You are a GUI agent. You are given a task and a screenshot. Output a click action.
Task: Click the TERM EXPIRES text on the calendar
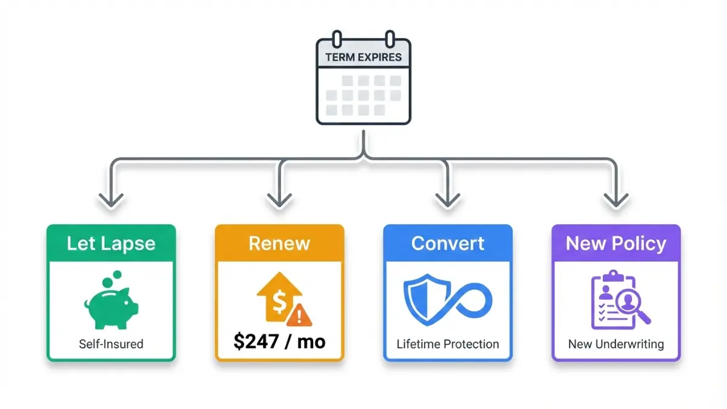[363, 58]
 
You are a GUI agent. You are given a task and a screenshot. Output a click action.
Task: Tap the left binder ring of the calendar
[337, 39]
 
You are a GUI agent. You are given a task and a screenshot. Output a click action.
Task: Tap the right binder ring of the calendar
[390, 39]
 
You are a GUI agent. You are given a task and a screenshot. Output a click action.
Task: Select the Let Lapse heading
[111, 244]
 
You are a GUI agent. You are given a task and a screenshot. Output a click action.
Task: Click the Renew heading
[279, 244]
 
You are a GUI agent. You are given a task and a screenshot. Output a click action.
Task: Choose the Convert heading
[448, 244]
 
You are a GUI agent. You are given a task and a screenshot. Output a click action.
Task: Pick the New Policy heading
[616, 244]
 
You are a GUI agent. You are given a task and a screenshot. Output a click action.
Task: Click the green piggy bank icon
[111, 300]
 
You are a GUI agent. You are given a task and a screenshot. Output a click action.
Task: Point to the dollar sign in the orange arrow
[279, 302]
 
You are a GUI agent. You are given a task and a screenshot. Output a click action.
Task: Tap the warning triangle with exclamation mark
[299, 315]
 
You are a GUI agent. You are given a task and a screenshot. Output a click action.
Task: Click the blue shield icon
[427, 299]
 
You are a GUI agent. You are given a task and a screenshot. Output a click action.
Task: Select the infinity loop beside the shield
[467, 301]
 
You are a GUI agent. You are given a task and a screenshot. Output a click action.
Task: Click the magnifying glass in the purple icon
[633, 306]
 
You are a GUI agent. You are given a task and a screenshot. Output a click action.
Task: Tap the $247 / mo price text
[279, 342]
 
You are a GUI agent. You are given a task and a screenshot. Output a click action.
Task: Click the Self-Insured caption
[111, 344]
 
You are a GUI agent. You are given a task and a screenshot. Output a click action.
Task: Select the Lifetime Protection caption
[448, 344]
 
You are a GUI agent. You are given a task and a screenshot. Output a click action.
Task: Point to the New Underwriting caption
[616, 344]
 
